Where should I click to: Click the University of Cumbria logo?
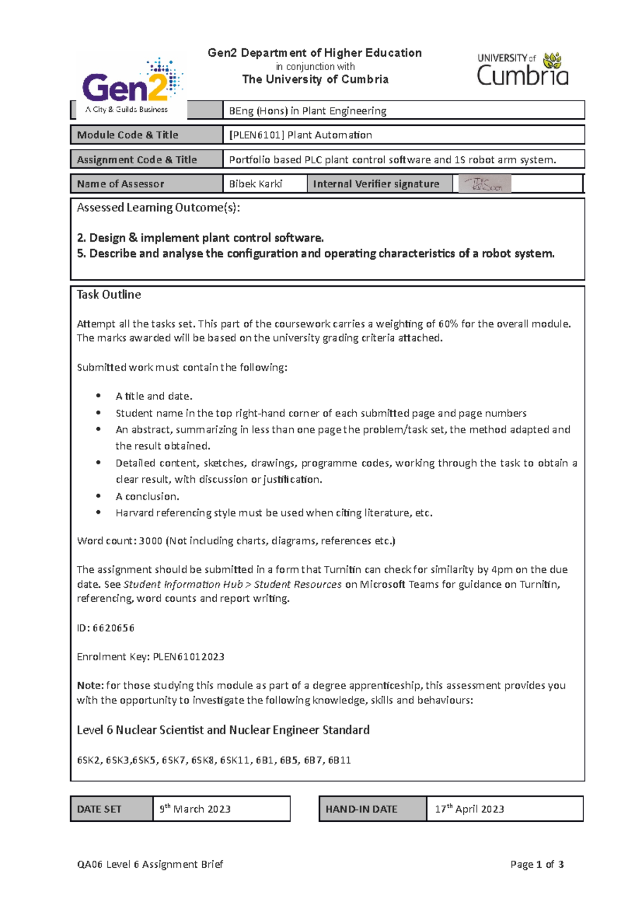pos(522,70)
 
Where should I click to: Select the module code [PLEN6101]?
pos(256,135)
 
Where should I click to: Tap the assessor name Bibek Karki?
pos(255,184)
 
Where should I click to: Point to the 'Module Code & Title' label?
pos(127,135)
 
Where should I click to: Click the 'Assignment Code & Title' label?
pos(136,160)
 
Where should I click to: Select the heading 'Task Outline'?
pos(109,295)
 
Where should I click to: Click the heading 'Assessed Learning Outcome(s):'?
pos(158,208)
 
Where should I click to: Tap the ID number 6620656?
pos(113,628)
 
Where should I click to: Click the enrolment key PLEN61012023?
pos(188,657)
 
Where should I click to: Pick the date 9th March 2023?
pos(195,809)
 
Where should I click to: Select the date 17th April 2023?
pos(469,809)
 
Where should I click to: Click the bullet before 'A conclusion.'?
pos(98,496)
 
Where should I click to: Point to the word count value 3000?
pos(150,541)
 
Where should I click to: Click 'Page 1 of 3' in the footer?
pos(537,865)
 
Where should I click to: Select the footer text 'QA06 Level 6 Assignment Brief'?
pos(150,865)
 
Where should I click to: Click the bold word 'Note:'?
pos(90,686)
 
